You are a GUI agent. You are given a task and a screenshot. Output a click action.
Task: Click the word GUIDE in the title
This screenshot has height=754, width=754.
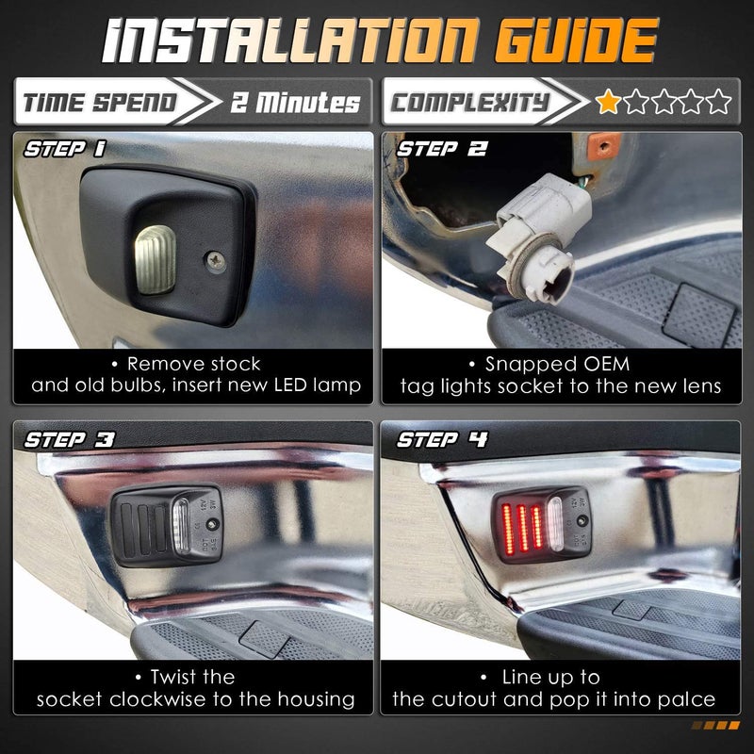tap(576, 41)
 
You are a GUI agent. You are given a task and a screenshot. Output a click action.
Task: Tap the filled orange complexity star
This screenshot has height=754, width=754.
tap(608, 102)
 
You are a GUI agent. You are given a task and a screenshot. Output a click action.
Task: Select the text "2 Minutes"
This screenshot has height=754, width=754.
tap(295, 103)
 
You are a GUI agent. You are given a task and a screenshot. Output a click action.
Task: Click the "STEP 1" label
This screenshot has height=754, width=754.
tap(65, 149)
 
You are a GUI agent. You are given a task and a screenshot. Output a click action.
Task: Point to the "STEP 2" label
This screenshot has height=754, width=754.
tap(441, 149)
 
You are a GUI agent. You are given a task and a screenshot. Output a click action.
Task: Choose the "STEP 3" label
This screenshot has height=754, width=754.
tap(69, 439)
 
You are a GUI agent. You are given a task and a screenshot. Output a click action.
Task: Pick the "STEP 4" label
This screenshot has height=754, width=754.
tap(442, 439)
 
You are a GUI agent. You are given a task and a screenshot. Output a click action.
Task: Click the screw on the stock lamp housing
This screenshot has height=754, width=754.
tap(216, 262)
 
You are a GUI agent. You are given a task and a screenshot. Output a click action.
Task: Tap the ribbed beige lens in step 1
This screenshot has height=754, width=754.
tap(155, 260)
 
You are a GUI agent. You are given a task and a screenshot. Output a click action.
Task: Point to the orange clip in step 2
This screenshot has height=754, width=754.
tap(603, 146)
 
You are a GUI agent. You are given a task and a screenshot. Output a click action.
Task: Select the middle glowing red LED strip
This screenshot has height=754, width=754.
tap(523, 528)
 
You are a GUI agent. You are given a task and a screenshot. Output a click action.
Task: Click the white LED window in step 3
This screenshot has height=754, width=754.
tap(181, 527)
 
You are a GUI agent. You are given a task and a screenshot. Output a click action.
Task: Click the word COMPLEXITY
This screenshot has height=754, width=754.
tap(469, 103)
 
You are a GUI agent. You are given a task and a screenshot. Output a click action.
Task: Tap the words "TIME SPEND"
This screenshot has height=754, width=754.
tap(100, 103)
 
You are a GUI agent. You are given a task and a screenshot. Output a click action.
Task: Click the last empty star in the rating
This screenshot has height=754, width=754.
tap(718, 102)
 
